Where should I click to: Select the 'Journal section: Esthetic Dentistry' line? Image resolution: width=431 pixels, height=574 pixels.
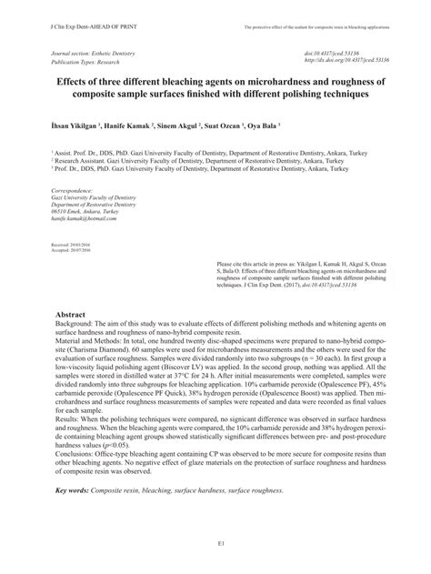tap(94, 53)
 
